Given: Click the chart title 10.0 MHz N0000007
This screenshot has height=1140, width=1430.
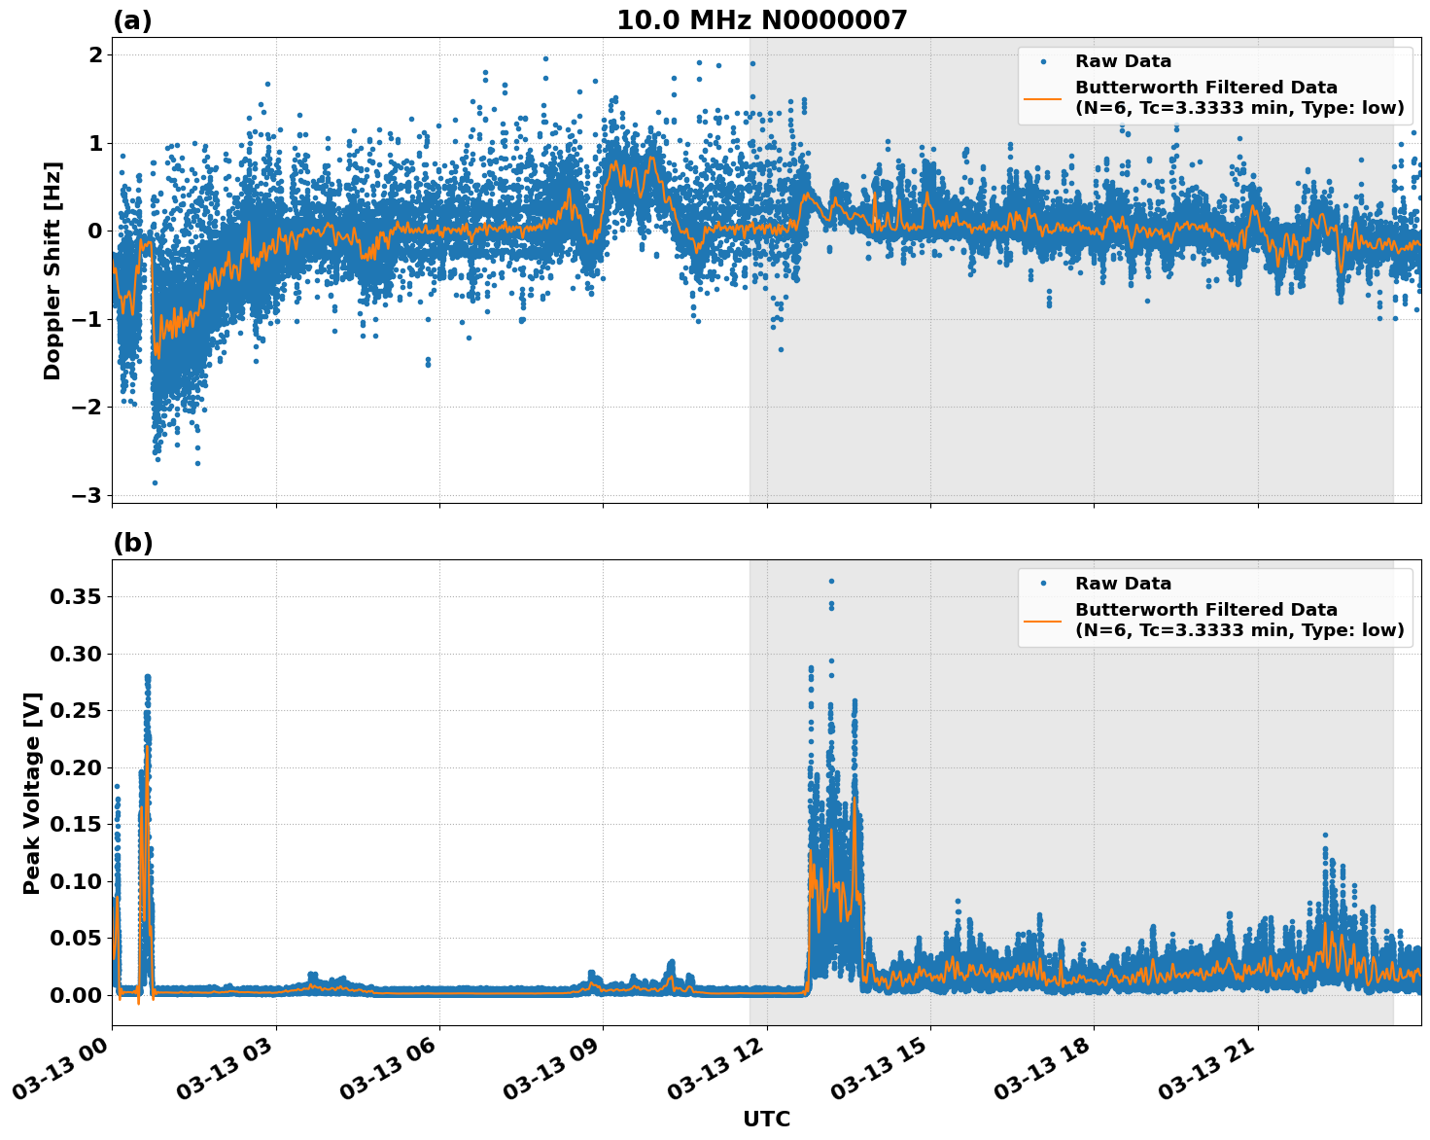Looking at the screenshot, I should point(761,20).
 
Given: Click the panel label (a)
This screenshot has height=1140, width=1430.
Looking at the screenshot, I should point(132,20).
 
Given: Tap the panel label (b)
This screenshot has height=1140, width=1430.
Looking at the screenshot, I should point(132,543).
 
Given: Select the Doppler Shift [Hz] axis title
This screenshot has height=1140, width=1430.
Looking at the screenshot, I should point(52,270).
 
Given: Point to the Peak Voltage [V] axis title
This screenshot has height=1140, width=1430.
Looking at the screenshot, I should point(32,793).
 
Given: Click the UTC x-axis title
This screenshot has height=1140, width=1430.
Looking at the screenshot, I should point(766,1119).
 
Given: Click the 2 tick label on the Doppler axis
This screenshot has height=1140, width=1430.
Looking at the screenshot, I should point(95,55).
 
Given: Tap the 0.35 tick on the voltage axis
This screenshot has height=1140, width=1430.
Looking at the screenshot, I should point(76,596).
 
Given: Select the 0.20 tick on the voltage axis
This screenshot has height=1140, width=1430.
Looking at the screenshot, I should point(76,767).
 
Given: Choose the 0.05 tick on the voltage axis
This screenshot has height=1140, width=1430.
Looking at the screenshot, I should point(76,938).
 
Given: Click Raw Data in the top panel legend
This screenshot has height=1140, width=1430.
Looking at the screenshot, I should point(1123,62).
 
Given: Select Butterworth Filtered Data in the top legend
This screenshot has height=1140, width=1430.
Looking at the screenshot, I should point(1205,88).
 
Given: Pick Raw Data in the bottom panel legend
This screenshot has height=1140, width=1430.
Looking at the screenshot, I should point(1123,584).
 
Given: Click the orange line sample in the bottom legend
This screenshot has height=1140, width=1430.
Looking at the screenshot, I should point(1042,620).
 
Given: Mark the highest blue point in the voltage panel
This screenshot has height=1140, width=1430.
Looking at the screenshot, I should point(831,581).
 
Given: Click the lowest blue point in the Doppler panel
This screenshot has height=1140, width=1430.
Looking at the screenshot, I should point(155,482).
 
